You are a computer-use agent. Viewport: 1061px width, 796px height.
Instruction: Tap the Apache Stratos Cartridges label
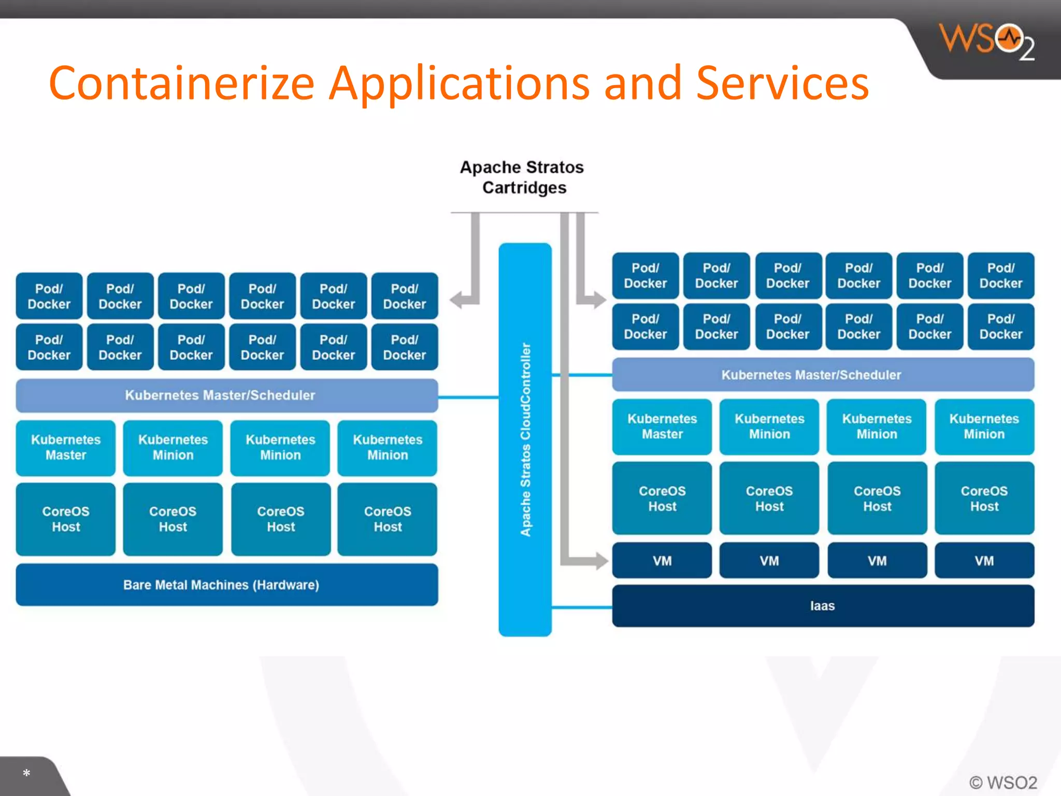coord(522,177)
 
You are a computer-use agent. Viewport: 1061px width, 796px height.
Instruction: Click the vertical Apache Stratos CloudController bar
coord(525,439)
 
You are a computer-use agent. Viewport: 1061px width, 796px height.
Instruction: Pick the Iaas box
coord(823,606)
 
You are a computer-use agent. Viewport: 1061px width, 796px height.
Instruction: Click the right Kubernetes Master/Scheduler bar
coord(823,375)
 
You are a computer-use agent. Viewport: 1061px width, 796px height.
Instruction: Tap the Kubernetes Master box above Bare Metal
coord(66,448)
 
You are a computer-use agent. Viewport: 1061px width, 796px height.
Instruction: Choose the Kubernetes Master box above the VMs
coord(662,427)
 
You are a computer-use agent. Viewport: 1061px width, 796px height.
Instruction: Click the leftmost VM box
coord(662,561)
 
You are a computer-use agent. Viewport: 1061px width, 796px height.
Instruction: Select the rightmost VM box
coord(984,561)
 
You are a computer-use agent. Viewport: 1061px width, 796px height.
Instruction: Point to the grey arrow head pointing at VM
coord(601,561)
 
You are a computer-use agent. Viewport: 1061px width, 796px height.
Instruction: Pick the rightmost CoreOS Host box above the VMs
coord(984,499)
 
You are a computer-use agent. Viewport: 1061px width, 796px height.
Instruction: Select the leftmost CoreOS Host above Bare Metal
coord(66,519)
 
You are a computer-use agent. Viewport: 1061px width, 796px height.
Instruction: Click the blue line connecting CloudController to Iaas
coord(581,607)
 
